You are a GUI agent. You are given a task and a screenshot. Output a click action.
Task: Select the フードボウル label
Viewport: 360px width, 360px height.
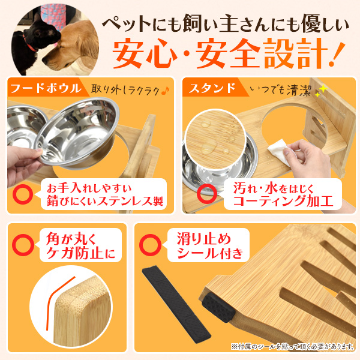pyautogui.click(x=46, y=88)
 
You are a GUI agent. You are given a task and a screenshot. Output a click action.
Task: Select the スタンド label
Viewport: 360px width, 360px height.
pyautogui.click(x=212, y=88)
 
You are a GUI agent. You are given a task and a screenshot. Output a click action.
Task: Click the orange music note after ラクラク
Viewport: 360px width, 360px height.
pyautogui.click(x=166, y=91)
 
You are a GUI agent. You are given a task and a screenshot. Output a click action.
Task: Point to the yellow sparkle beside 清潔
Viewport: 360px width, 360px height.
pyautogui.click(x=321, y=91)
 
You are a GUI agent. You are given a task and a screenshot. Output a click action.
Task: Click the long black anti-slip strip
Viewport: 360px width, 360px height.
pyautogui.click(x=176, y=304)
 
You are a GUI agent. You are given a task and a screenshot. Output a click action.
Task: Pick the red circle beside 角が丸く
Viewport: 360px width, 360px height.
pyautogui.click(x=23, y=245)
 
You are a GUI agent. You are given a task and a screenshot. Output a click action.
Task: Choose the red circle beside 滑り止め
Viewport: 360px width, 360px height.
pyautogui.click(x=151, y=245)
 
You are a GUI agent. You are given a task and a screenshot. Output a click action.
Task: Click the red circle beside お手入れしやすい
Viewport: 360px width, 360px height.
pyautogui.click(x=23, y=193)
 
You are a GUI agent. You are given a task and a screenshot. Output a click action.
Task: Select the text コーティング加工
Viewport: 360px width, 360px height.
pyautogui.click(x=283, y=201)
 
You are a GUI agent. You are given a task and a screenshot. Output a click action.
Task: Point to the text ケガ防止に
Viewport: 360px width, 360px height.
pyautogui.click(x=80, y=253)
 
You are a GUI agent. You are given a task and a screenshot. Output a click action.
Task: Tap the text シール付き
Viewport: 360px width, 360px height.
pyautogui.click(x=210, y=253)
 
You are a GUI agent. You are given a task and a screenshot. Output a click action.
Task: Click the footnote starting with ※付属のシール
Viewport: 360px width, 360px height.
pyautogui.click(x=292, y=346)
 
